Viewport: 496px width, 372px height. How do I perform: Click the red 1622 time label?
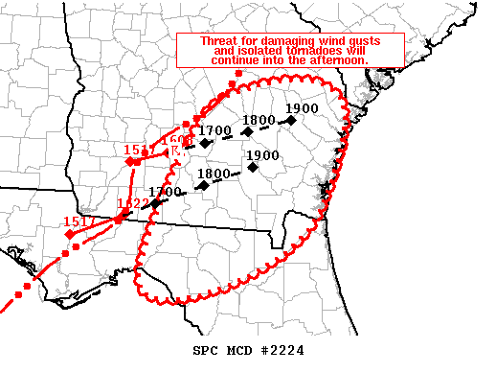pyautogui.click(x=132, y=203)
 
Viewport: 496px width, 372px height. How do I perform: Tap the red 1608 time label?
pyautogui.click(x=178, y=141)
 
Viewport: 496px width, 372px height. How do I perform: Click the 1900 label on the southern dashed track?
pyautogui.click(x=262, y=154)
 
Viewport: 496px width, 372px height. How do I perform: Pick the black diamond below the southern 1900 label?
pyautogui.click(x=253, y=168)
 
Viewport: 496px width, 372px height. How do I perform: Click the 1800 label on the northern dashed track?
pyautogui.click(x=259, y=120)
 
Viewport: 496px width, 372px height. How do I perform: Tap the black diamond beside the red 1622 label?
pyautogui.click(x=155, y=203)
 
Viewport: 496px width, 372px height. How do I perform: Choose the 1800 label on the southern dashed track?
pyautogui.click(x=214, y=174)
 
